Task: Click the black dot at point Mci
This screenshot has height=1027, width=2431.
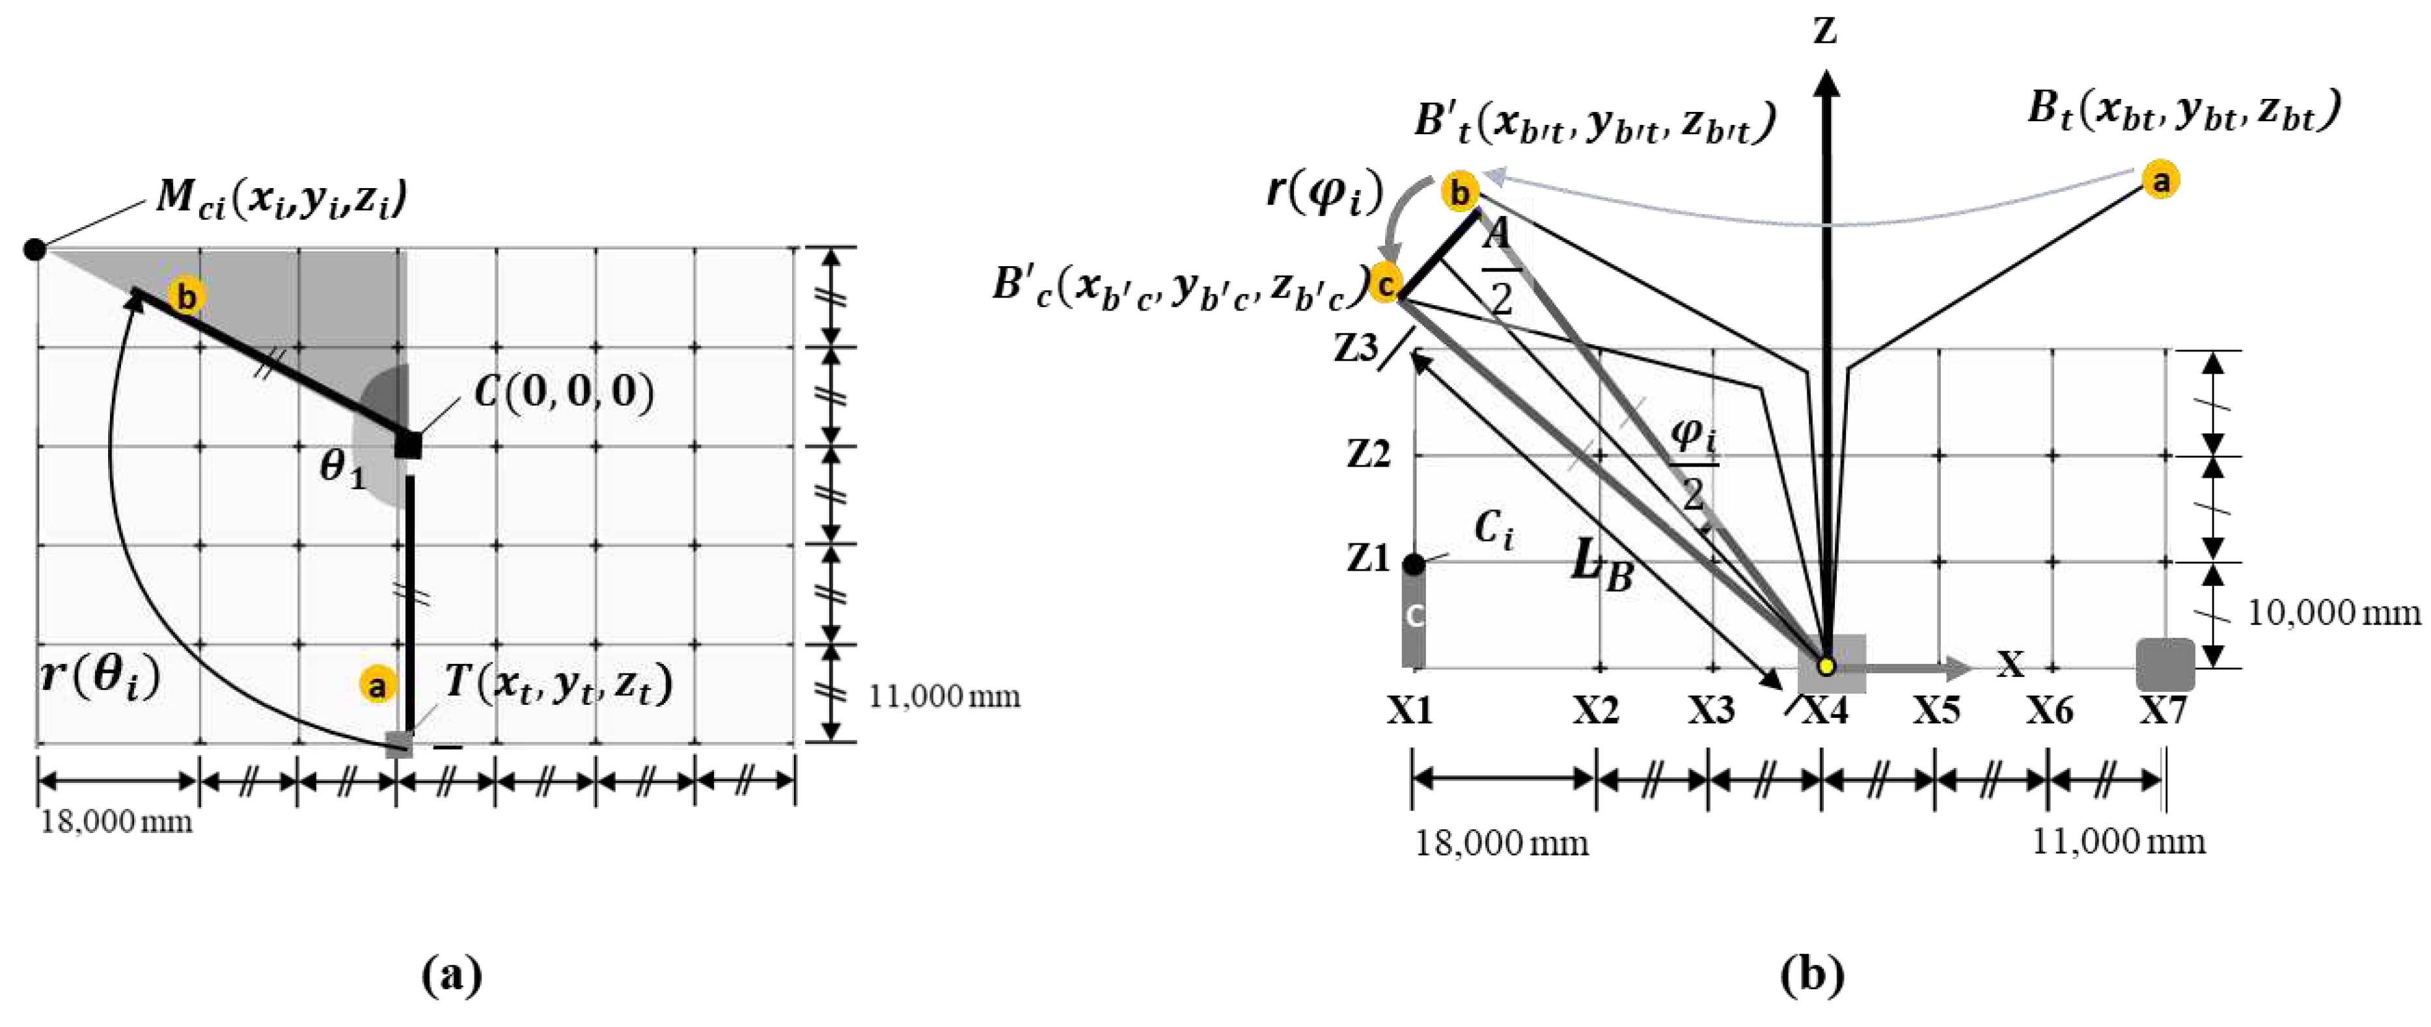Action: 35,249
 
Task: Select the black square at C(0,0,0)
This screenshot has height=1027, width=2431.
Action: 407,445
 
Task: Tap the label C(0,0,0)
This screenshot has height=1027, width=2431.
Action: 564,390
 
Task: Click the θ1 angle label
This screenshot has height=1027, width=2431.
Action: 342,468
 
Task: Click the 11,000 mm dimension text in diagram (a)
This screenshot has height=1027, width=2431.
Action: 944,696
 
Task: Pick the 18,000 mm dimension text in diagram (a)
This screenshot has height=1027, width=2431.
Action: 116,821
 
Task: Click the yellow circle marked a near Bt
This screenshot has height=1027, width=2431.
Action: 2161,180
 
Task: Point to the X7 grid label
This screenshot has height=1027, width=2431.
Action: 2162,710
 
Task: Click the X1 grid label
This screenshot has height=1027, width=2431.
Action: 1410,710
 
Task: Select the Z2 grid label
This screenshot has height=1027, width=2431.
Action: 1368,455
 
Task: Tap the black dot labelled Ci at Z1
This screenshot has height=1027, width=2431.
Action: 1414,564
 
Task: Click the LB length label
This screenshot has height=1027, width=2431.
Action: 1602,566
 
